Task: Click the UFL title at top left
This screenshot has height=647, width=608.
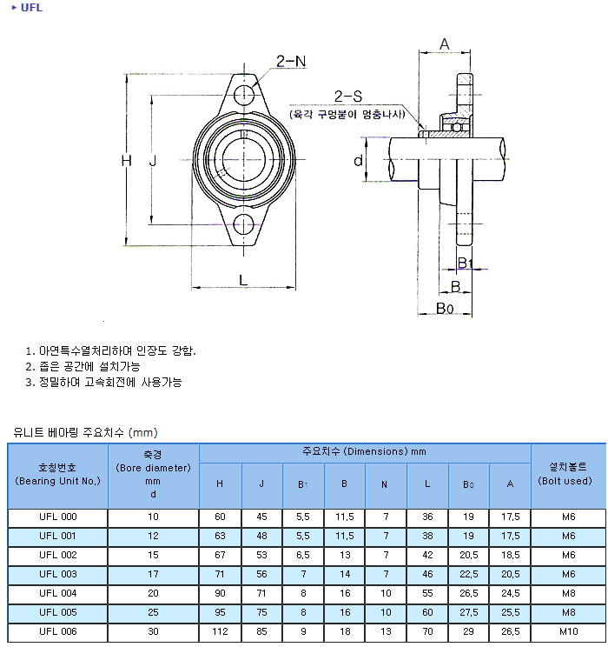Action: [31, 8]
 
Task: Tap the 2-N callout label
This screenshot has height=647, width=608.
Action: [291, 62]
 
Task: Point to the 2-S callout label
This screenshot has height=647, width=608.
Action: [348, 97]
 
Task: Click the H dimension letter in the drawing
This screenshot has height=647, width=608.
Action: [127, 160]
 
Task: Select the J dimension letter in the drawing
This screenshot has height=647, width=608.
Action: [153, 160]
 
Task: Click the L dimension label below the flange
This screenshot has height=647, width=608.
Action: [243, 280]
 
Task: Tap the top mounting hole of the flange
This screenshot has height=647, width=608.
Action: [244, 95]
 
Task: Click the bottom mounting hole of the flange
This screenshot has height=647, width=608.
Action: [243, 225]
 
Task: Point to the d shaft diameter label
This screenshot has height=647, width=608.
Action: [358, 160]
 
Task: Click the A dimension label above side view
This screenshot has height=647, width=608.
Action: [445, 44]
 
